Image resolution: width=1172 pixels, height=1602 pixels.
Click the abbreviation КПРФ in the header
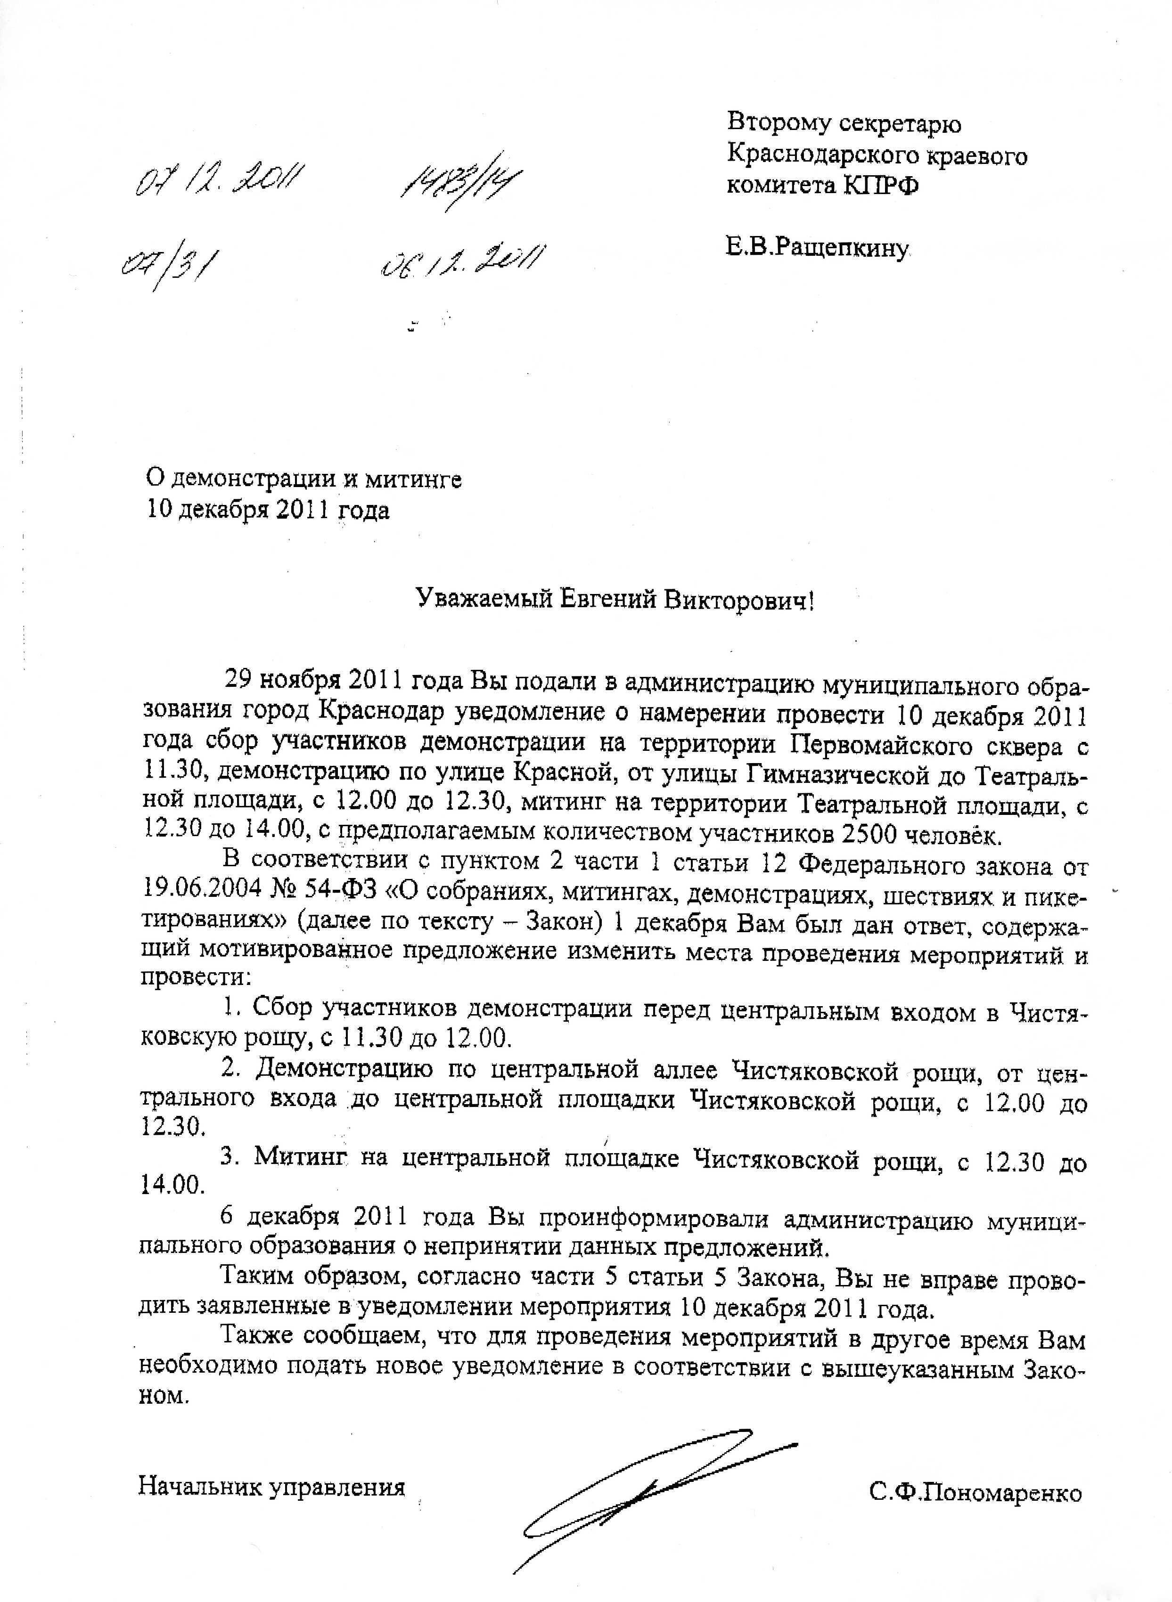pos(880,185)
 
